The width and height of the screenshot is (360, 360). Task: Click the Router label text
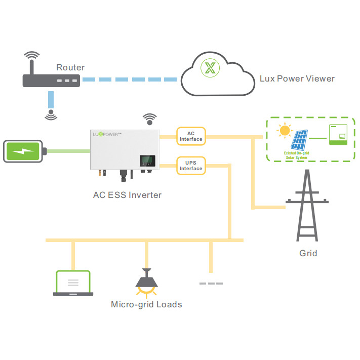pos(70,67)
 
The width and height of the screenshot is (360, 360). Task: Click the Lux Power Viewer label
pos(297,78)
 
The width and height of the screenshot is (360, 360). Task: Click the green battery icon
pos(24,151)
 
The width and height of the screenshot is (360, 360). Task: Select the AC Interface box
pos(191,136)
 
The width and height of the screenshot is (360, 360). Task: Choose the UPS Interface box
pos(191,166)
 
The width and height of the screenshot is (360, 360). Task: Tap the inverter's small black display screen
pos(147,162)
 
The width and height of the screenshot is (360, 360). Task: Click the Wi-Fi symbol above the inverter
pos(149,119)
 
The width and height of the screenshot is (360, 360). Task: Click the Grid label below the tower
pos(308,253)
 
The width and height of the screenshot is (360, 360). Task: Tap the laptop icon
pos(73,284)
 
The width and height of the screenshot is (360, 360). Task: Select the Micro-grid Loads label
pos(146,304)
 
